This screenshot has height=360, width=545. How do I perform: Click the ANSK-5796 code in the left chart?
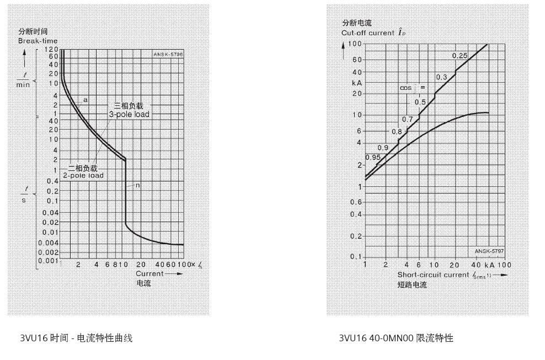coord(169,54)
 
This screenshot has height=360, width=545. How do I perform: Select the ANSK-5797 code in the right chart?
coord(489,251)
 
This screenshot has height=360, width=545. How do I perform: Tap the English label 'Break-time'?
coord(38,41)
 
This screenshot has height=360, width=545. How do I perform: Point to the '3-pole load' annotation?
coord(129,114)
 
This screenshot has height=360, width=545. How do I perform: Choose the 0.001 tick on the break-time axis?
coord(49,260)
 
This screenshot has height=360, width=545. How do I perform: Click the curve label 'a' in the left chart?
coord(86,100)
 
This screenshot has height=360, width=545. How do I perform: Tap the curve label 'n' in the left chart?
coord(137,185)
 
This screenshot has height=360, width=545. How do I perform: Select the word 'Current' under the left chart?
coord(150,273)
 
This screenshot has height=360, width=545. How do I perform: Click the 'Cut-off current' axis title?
coord(368,33)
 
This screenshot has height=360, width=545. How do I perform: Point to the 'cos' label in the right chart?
coord(406,88)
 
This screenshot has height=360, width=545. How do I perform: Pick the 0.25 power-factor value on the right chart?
coord(459,56)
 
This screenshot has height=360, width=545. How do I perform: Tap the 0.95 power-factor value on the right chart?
coord(373,158)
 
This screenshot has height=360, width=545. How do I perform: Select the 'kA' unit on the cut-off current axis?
coord(356,83)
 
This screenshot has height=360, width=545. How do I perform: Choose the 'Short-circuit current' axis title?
coord(433,275)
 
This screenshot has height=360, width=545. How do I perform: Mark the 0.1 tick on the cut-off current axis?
coord(356,257)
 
